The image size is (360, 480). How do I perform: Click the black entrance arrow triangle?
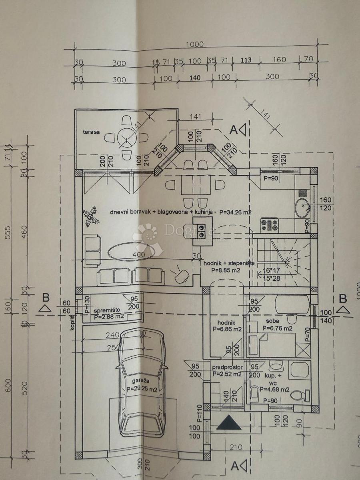click(x=229, y=422)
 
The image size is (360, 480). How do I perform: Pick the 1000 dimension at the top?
click(x=195, y=44)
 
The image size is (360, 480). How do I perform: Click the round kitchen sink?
click(x=302, y=207)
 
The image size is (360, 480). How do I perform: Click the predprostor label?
click(x=228, y=367)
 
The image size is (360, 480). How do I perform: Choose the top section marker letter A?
click(x=233, y=129)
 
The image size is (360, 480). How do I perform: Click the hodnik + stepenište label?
click(x=227, y=263)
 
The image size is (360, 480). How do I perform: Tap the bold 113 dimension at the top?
click(x=246, y=60)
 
